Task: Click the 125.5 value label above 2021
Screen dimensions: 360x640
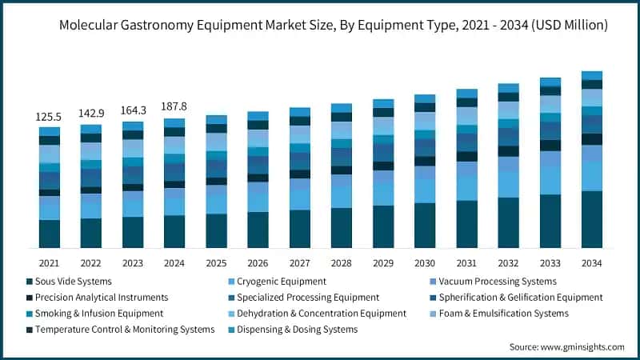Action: click(x=49, y=117)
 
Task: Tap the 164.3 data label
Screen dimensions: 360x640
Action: click(x=132, y=110)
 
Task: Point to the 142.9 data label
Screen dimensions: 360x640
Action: click(x=90, y=114)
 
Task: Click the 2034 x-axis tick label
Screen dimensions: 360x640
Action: click(x=591, y=262)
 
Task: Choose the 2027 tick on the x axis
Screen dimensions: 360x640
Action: click(x=299, y=262)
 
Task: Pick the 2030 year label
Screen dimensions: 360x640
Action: click(x=425, y=262)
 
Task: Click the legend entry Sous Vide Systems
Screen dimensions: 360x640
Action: click(x=74, y=282)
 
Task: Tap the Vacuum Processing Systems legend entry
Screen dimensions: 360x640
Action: click(x=498, y=282)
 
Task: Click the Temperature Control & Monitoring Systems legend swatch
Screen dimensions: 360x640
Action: click(x=30, y=330)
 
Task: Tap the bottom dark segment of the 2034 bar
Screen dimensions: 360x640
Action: click(x=591, y=219)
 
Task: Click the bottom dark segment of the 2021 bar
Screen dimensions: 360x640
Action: click(x=49, y=233)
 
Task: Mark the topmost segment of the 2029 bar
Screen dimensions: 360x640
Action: click(x=383, y=103)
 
